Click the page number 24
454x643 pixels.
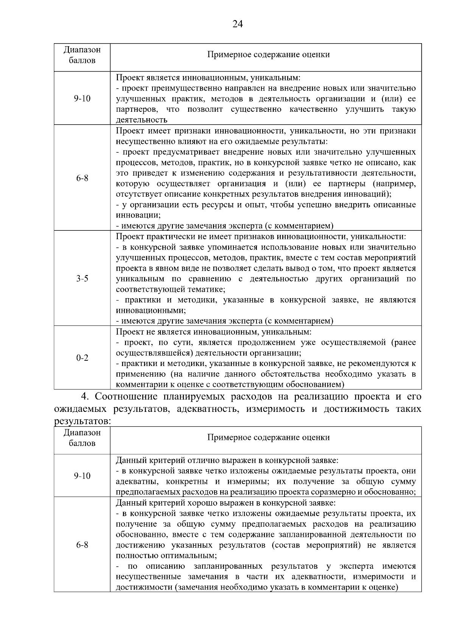(x=238, y=24)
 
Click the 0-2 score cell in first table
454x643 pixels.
(x=82, y=358)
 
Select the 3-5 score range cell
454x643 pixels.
(x=82, y=278)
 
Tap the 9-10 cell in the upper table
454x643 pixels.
(x=82, y=99)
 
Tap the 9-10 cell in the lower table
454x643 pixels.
(x=82, y=476)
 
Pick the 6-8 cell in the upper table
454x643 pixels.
(x=82, y=178)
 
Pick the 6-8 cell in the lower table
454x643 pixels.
(x=82, y=545)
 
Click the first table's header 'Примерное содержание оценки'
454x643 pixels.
(x=268, y=55)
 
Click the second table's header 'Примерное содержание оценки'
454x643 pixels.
(x=268, y=438)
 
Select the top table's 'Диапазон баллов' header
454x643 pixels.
(x=82, y=55)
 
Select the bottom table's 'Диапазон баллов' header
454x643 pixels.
(x=82, y=438)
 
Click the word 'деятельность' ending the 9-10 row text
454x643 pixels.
(x=141, y=120)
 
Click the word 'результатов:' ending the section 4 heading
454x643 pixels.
(x=83, y=421)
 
